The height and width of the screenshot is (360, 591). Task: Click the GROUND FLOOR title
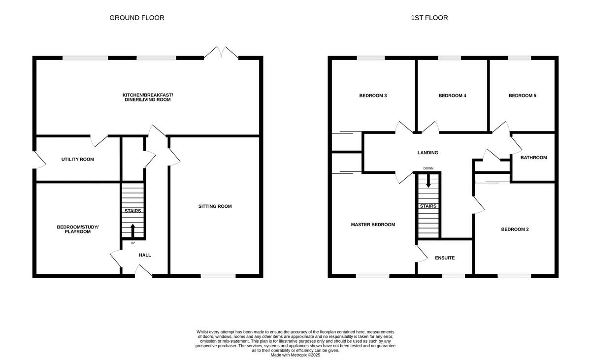coord(136,18)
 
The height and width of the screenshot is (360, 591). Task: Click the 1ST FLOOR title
coord(429,18)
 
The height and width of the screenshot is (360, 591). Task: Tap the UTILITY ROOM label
coord(77,160)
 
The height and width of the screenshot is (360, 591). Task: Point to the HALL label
coord(145,255)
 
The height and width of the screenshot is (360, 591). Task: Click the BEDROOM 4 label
coord(452,96)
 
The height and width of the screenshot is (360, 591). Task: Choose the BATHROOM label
coord(534,158)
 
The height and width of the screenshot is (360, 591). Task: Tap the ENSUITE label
coord(444,258)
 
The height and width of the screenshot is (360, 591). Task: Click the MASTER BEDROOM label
coord(373,225)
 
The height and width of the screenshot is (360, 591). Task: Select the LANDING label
coord(427,153)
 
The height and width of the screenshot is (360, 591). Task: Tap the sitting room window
coord(218,276)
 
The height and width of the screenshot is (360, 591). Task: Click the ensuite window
coord(450,276)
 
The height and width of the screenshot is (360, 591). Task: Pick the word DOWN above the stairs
coord(428,168)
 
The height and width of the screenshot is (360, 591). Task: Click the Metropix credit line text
coord(295,355)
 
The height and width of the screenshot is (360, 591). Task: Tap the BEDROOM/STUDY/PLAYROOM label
coord(77,229)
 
